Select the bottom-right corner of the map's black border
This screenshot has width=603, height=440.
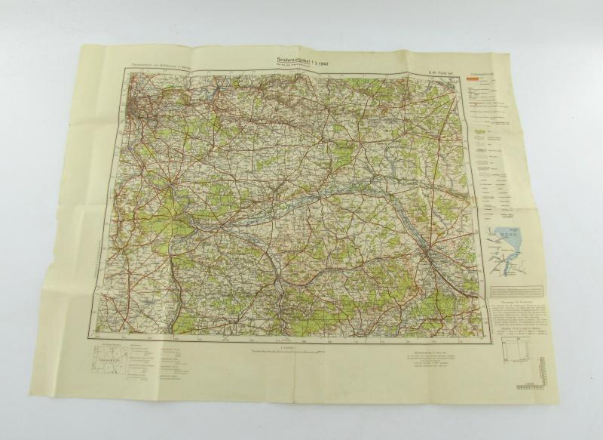pos(484,334)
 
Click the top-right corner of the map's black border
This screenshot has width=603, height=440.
pos(458,77)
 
